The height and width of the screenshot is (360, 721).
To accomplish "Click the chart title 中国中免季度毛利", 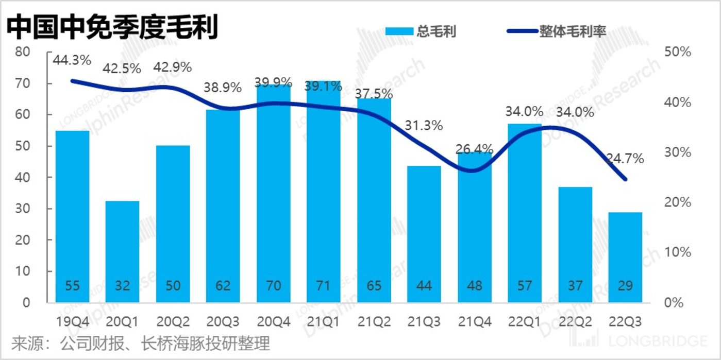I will coord(112,26).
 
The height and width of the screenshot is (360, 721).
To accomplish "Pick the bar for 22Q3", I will coord(625,257).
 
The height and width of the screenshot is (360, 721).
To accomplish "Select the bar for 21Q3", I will coord(424,234).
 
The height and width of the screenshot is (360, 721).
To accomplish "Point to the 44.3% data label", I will coord(72,60).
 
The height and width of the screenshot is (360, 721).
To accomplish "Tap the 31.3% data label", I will coord(424,125).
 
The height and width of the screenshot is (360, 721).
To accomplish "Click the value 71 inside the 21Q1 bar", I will coord(324,285).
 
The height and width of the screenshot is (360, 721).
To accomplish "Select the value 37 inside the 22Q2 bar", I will coord(575,285).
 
